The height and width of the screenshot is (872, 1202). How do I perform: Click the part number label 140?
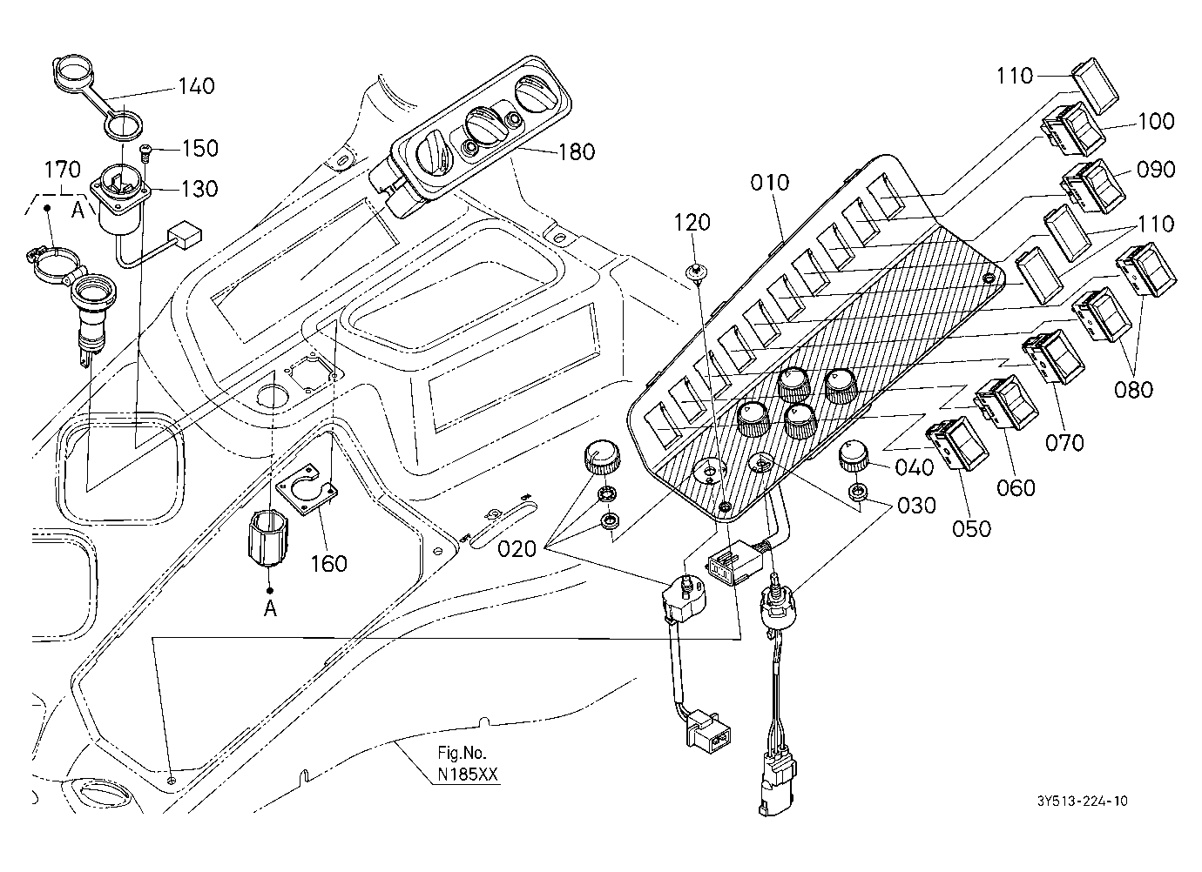tap(196, 86)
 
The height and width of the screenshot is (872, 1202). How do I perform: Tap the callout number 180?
tap(577, 151)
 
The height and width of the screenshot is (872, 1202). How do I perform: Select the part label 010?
tap(769, 183)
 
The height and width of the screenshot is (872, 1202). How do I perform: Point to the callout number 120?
tap(692, 222)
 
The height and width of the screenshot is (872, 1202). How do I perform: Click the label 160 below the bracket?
tap(329, 564)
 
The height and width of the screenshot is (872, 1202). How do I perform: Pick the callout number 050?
tap(971, 529)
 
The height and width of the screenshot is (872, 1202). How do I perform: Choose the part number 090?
tap(1156, 170)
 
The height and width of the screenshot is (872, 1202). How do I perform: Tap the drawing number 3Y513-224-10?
tap(1082, 802)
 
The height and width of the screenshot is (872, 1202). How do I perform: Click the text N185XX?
tap(468, 775)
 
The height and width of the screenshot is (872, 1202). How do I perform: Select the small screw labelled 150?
tap(145, 152)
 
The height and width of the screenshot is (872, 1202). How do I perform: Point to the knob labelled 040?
tap(852, 456)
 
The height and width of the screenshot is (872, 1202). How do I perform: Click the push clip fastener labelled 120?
tap(697, 272)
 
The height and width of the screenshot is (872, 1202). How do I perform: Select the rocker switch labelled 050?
tap(957, 443)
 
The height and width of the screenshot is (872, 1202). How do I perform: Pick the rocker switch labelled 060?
tap(1006, 402)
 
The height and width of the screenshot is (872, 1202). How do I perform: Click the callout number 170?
tap(62, 170)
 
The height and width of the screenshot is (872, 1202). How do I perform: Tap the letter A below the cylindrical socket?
tap(270, 608)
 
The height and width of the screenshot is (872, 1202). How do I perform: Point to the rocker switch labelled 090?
tap(1095, 186)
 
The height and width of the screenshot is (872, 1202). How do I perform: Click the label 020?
tap(517, 549)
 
